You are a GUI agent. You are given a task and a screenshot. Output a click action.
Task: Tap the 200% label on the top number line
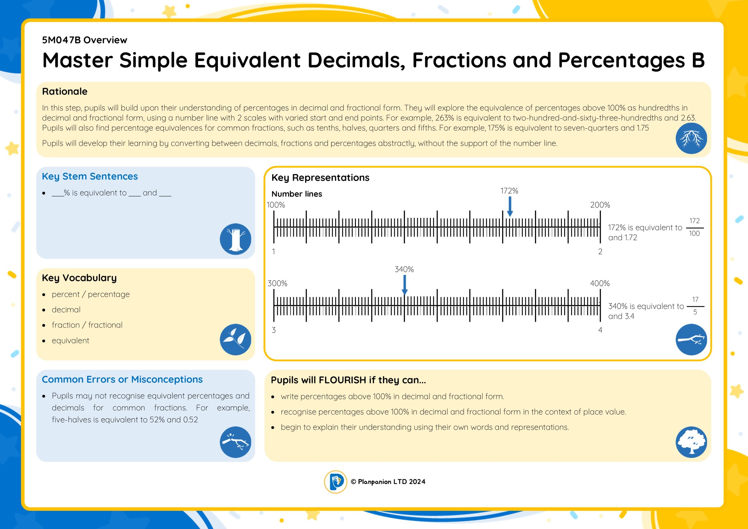tap(600, 205)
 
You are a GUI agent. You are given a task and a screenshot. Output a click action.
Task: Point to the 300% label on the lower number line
tap(277, 283)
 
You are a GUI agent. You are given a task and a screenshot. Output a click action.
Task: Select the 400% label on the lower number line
tap(600, 283)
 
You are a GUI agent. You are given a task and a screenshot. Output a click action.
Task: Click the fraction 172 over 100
tap(694, 227)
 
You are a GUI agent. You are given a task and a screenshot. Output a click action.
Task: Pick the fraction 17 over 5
tap(695, 306)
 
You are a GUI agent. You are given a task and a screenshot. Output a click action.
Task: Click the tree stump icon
tap(235, 239)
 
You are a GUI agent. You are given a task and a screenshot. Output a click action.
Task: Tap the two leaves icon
tap(235, 339)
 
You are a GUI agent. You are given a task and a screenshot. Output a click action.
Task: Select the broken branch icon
tap(235, 442)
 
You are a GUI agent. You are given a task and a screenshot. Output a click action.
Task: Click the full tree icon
tap(691, 442)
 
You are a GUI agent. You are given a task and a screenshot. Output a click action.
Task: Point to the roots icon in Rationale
tap(691, 138)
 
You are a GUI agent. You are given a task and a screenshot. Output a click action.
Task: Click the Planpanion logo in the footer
tap(335, 482)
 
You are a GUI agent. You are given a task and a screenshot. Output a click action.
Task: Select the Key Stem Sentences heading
tap(90, 176)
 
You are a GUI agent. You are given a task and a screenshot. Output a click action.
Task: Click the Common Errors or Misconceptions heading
tap(122, 379)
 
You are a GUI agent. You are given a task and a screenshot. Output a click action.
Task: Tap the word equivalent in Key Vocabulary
tap(70, 340)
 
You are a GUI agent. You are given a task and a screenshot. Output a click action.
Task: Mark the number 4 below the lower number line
tap(600, 330)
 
